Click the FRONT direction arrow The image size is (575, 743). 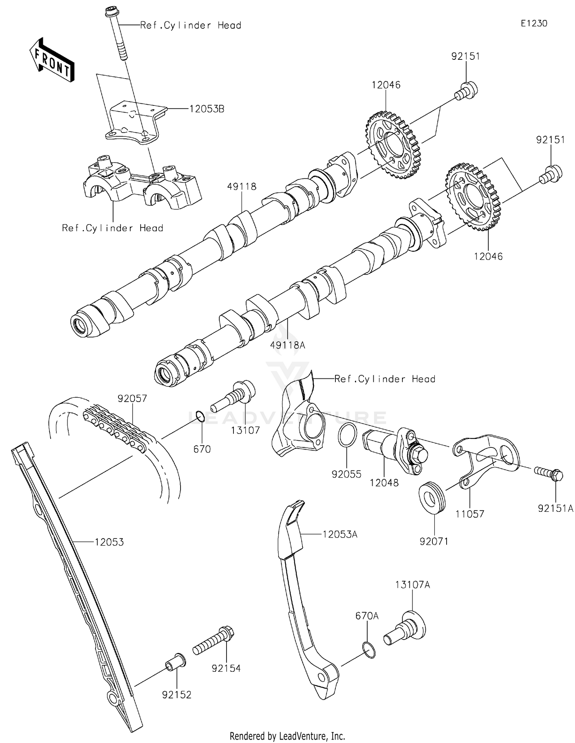(x=52, y=60)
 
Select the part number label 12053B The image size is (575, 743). (x=207, y=109)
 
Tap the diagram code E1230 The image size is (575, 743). (x=534, y=23)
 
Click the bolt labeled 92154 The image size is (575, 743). (x=213, y=641)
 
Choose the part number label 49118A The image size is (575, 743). (x=287, y=345)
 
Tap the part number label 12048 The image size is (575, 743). (x=384, y=483)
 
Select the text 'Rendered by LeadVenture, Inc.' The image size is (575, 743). (x=287, y=736)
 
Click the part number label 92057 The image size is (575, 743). (x=132, y=399)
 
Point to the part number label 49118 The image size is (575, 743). (x=242, y=187)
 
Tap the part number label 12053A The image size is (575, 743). (x=340, y=534)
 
